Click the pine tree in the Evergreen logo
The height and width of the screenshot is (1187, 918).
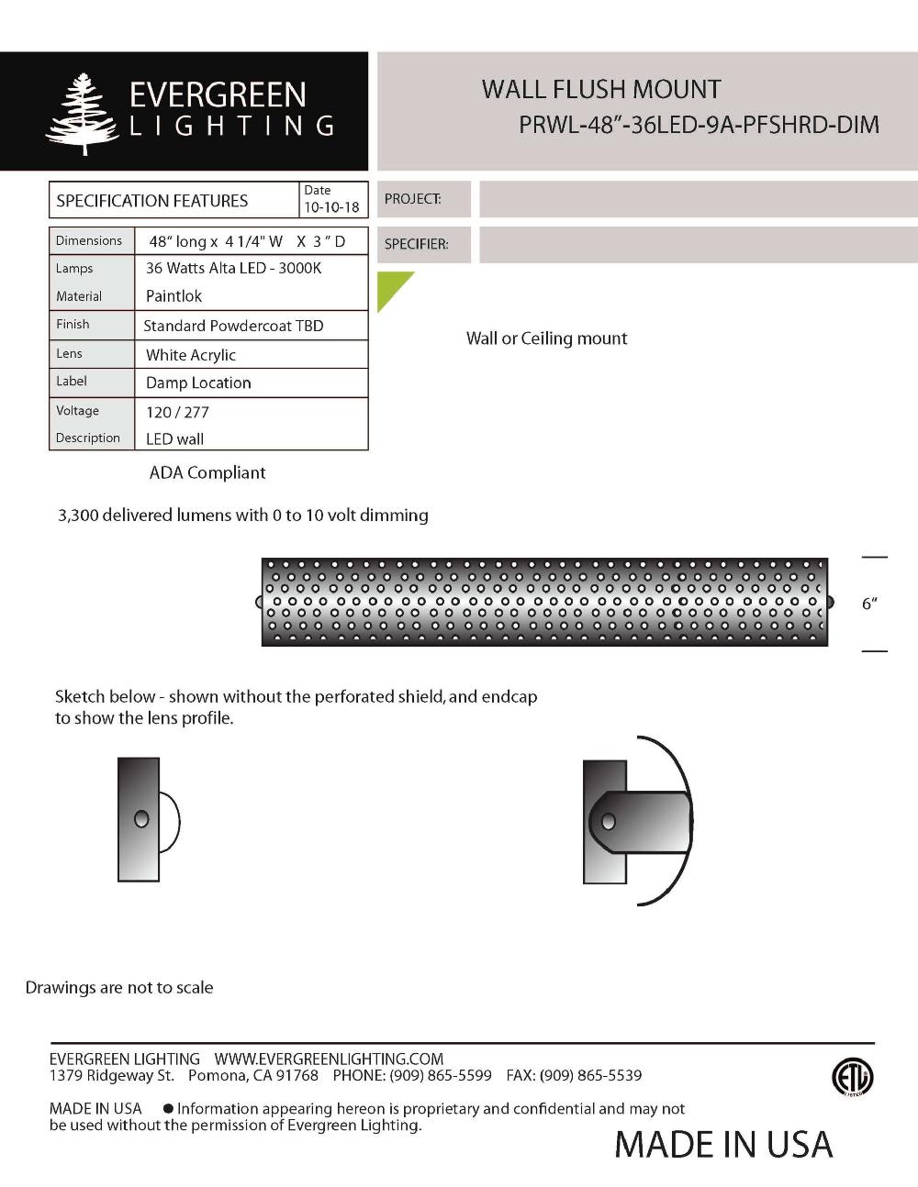click(83, 114)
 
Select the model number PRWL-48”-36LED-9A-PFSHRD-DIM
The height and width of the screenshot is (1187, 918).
click(699, 125)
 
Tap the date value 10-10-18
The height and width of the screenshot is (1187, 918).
click(331, 207)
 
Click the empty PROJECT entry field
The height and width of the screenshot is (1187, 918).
click(698, 199)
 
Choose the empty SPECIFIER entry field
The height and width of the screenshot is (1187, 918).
click(698, 245)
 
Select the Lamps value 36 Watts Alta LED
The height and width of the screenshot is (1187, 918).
click(233, 268)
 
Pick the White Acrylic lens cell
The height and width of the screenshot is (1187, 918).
click(191, 355)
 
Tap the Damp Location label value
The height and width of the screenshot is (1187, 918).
click(198, 383)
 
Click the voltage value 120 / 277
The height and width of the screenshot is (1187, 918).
click(177, 413)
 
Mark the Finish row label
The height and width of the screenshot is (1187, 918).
click(73, 325)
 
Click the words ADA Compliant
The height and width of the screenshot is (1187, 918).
click(207, 473)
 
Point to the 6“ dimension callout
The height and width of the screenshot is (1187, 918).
click(869, 604)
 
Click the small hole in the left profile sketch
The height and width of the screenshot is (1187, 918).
click(141, 819)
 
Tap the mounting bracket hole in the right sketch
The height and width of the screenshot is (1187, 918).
click(609, 822)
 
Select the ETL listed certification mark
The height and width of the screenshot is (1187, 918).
click(852, 1077)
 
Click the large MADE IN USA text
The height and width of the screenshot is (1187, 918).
click(723, 1145)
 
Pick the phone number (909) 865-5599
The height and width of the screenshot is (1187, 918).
click(440, 1075)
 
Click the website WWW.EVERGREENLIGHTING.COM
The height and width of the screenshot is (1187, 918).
click(329, 1059)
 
